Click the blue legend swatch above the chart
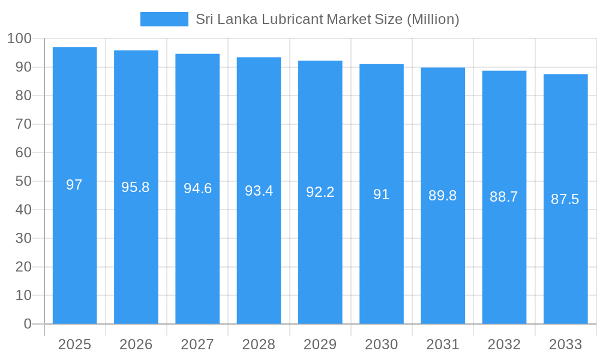pos(164,19)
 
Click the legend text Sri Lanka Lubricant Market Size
pos(327,19)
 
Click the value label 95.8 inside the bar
pos(136,187)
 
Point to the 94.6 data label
pos(197,188)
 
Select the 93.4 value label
pos(259,191)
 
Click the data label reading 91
pos(382,194)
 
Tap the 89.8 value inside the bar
pos(443,196)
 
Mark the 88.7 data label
pos(504,197)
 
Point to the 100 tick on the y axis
pos(19,38)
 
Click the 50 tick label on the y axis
pos(23,181)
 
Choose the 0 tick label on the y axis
pos(28,324)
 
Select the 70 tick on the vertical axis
pos(23,124)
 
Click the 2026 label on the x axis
pos(136,344)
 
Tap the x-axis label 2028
pos(259,344)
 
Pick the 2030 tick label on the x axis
pos(382,344)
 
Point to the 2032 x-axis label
pos(504,344)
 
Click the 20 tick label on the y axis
pos(23,267)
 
